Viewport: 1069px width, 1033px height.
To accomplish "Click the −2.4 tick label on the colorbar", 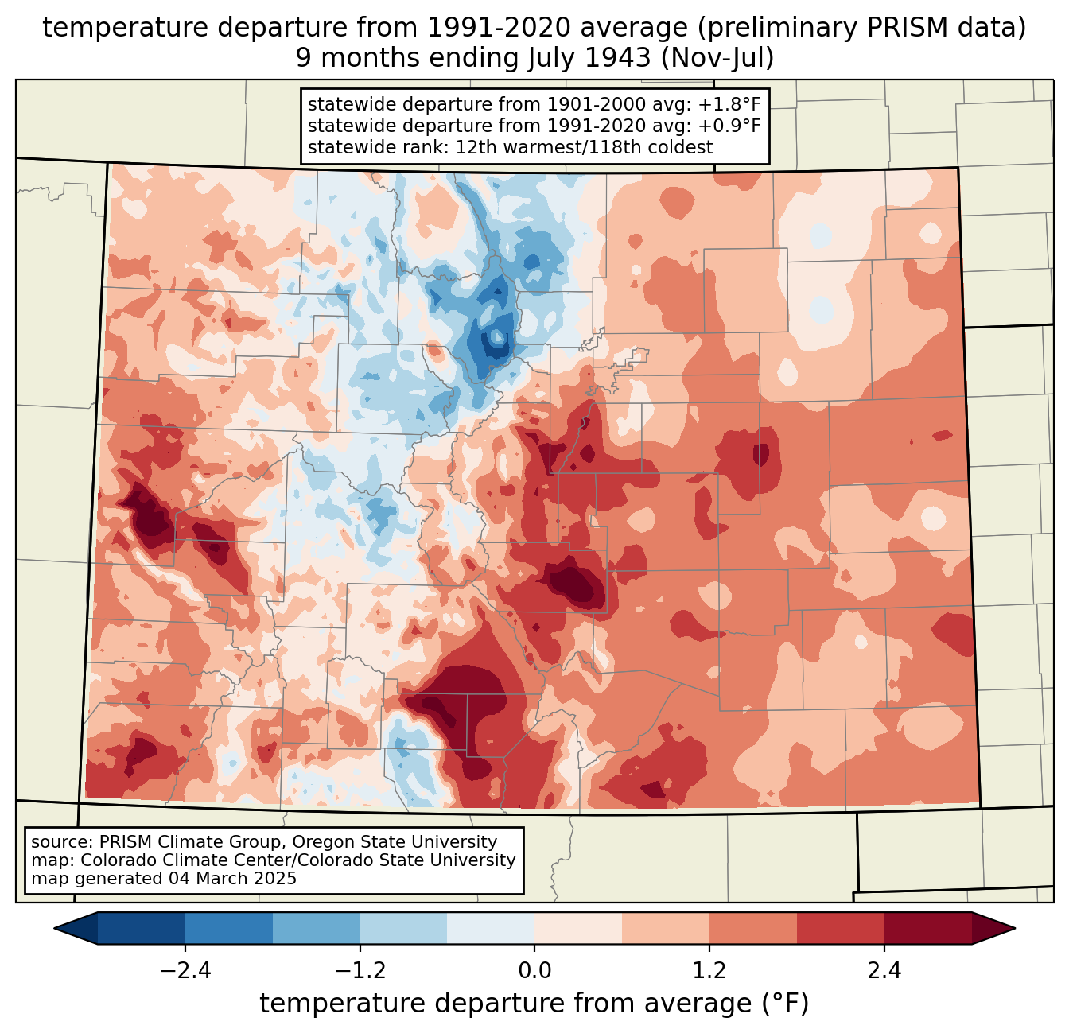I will point(185,971).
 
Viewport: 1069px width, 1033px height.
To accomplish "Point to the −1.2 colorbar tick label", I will point(360,971).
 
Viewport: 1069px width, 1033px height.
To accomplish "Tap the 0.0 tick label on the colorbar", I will point(534,971).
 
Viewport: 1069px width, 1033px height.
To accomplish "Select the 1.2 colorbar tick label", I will point(709,971).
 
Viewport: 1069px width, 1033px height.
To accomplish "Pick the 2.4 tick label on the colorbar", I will point(884,971).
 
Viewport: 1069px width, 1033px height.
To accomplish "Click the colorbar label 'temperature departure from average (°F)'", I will point(534,1004).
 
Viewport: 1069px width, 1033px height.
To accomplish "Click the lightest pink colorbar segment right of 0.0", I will point(578,928).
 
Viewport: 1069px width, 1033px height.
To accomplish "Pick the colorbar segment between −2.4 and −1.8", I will point(229,928).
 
